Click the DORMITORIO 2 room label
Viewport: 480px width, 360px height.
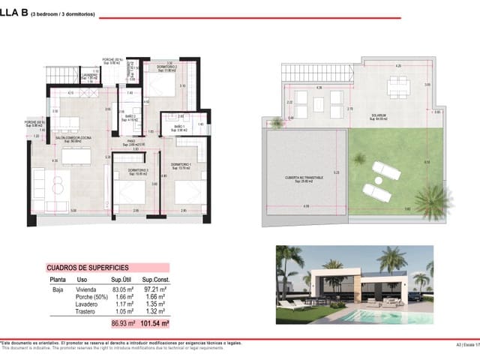pyautogui.click(x=166, y=69)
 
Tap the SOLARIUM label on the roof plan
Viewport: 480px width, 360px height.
pyautogui.click(x=367, y=116)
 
